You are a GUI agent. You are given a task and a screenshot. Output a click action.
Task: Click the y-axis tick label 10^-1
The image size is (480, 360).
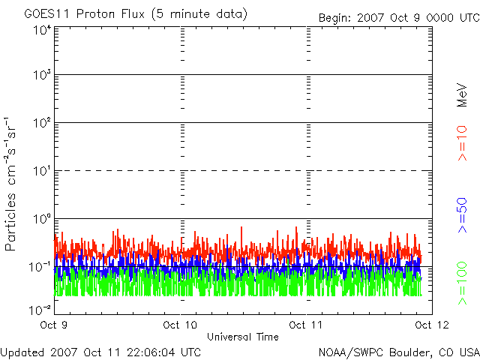click(40, 266)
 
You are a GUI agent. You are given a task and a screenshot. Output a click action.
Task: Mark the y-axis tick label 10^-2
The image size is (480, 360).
click(40, 310)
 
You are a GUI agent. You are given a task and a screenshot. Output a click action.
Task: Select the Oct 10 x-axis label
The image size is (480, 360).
click(180, 325)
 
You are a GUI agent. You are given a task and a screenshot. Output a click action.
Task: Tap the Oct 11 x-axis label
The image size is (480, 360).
click(306, 325)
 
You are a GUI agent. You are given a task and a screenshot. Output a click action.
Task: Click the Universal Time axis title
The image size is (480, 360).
click(242, 337)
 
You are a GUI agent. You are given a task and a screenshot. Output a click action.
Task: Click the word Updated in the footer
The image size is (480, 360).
click(23, 352)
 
